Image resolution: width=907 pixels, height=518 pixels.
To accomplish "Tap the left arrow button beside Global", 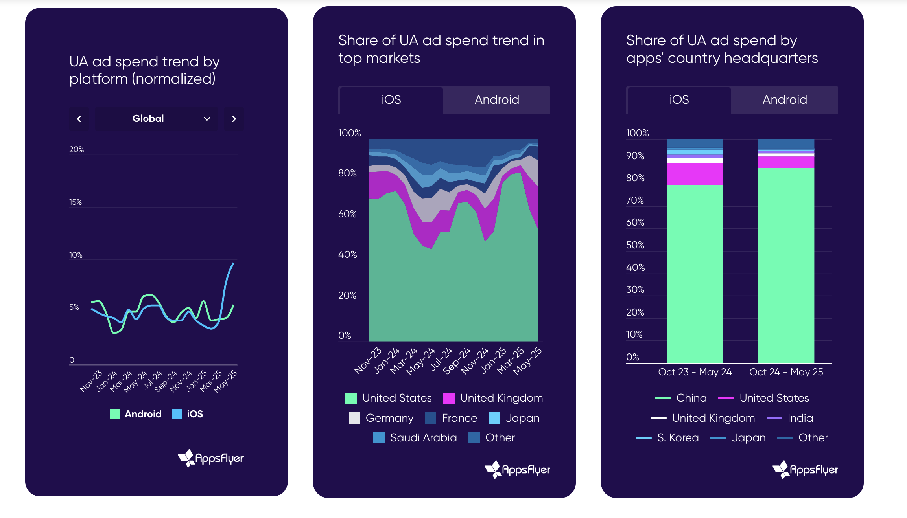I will pyautogui.click(x=79, y=119).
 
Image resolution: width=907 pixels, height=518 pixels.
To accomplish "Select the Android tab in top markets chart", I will pyautogui.click(x=496, y=100).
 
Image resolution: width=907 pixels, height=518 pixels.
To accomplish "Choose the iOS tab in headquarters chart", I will pyautogui.click(x=679, y=100).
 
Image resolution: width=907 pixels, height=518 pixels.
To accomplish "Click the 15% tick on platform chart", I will pyautogui.click(x=76, y=202).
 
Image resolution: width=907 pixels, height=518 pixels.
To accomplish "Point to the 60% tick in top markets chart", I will pyautogui.click(x=347, y=214).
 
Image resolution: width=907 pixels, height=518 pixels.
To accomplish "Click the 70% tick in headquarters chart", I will pyautogui.click(x=635, y=200).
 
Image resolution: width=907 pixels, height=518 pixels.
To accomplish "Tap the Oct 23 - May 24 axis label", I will pyautogui.click(x=695, y=372).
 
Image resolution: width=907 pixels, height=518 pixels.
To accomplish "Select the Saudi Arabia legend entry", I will pyautogui.click(x=415, y=438).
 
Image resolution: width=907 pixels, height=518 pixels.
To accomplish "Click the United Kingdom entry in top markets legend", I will pyautogui.click(x=493, y=398).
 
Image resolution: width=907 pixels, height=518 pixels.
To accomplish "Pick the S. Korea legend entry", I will pyautogui.click(x=667, y=438).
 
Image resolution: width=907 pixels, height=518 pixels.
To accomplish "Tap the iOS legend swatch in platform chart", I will pyautogui.click(x=177, y=414).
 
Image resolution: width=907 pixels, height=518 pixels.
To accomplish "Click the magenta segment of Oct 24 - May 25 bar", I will pyautogui.click(x=786, y=162).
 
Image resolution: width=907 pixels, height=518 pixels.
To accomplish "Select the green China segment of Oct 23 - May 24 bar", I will pyautogui.click(x=695, y=275).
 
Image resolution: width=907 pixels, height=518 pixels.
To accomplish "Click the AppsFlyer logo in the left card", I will pyautogui.click(x=211, y=458).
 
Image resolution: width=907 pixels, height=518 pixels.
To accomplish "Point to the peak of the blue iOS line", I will pyautogui.click(x=233, y=263).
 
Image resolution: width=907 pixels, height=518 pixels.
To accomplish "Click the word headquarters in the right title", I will pyautogui.click(x=771, y=58).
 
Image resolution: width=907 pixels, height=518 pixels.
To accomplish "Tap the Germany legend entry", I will pyautogui.click(x=381, y=418).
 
